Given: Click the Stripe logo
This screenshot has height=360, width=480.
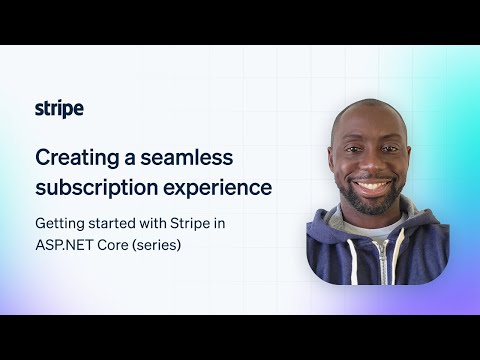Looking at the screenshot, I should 59,109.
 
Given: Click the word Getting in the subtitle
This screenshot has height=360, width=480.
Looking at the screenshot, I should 59,223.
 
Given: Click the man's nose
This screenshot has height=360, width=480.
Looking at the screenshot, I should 372,166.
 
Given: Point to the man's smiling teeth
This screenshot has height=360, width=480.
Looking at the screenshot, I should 373,186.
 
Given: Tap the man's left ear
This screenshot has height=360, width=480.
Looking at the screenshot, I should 411,160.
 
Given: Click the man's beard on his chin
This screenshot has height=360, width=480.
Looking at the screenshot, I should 373,204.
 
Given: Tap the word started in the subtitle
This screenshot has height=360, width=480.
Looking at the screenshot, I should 112,223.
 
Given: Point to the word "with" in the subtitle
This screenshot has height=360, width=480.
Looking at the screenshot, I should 152,223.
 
